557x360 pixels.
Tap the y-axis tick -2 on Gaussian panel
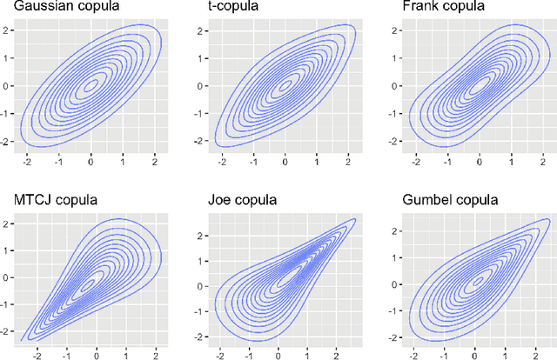click(x=8, y=142)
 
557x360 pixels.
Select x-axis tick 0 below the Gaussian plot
click(x=91, y=161)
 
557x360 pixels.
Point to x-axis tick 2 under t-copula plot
click(x=347, y=161)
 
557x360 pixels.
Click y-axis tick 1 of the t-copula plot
click(x=204, y=59)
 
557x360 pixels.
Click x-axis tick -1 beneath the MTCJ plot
click(x=65, y=353)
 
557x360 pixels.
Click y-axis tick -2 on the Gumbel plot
click(x=395, y=337)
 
